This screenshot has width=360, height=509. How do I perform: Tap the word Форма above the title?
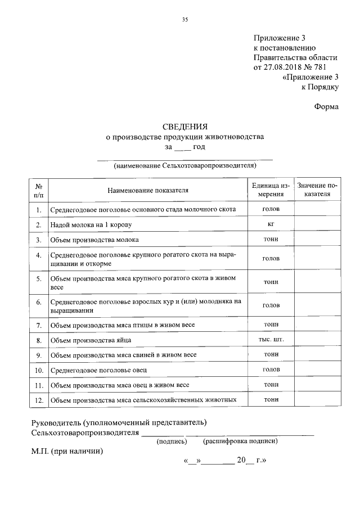pyautogui.click(x=326, y=107)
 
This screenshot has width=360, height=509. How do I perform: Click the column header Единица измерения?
pyautogui.click(x=271, y=190)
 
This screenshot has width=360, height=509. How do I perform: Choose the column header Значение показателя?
pyautogui.click(x=317, y=190)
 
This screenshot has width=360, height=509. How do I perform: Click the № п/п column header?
pyautogui.click(x=39, y=190)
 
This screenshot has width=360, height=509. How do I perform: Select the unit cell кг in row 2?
pyautogui.click(x=271, y=224)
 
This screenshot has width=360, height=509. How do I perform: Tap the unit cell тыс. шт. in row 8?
pyautogui.click(x=271, y=340)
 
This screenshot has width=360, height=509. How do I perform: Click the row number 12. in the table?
pyautogui.click(x=39, y=400)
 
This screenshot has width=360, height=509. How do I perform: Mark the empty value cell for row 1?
pyautogui.click(x=317, y=210)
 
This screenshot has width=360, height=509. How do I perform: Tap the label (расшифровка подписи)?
pyautogui.click(x=240, y=442)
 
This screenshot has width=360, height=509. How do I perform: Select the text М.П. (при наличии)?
pyautogui.click(x=67, y=451)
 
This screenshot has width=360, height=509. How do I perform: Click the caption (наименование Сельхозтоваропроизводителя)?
pyautogui.click(x=184, y=166)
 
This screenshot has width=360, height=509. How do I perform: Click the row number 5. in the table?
pyautogui.click(x=39, y=279)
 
